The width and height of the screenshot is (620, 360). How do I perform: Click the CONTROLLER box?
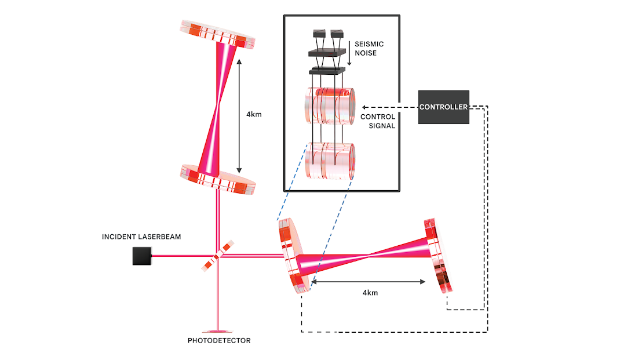coord(443,107)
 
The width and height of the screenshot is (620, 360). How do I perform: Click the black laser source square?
coord(141,256)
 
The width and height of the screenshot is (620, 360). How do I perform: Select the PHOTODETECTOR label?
coord(219,341)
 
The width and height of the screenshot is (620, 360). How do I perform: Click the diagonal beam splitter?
coord(218,256)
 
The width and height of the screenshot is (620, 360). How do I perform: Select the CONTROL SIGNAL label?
coord(378,121)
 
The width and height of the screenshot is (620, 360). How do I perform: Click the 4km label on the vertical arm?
coord(254,114)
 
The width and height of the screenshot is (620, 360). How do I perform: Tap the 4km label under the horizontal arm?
coord(370,293)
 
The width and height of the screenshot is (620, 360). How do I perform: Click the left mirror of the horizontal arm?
coord(294,255)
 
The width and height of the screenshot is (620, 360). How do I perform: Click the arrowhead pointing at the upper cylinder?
coord(363,107)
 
